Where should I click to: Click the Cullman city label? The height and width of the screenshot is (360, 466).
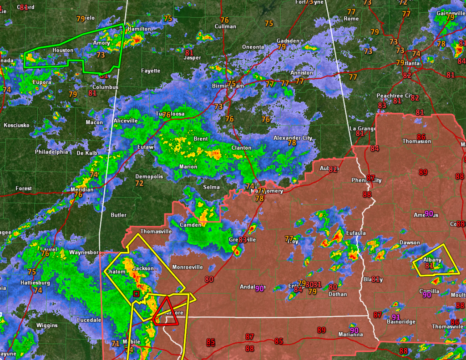(225, 26)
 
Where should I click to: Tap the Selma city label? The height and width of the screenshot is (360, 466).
(211, 187)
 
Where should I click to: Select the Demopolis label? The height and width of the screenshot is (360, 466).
(149, 177)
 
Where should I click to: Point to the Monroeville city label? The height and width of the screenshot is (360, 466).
(187, 267)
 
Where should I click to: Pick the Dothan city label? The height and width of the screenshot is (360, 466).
(338, 294)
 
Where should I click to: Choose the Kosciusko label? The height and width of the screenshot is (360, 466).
(17, 125)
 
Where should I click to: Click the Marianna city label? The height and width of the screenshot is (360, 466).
(350, 335)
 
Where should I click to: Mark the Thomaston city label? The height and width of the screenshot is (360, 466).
(416, 142)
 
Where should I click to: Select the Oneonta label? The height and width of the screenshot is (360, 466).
(253, 47)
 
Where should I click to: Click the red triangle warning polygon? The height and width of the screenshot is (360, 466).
(165, 313)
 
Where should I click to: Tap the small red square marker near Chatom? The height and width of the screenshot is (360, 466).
(136, 294)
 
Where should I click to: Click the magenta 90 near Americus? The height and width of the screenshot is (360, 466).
(429, 214)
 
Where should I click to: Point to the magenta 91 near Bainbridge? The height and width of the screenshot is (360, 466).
(396, 317)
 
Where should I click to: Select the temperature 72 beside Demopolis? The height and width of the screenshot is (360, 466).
(139, 183)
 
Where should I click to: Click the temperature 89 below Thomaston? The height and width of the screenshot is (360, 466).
(423, 172)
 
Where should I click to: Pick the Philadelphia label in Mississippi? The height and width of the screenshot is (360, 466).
(51, 152)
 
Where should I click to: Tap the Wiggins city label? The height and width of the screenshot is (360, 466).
(47, 325)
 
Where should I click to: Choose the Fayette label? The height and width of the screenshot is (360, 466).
(151, 71)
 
